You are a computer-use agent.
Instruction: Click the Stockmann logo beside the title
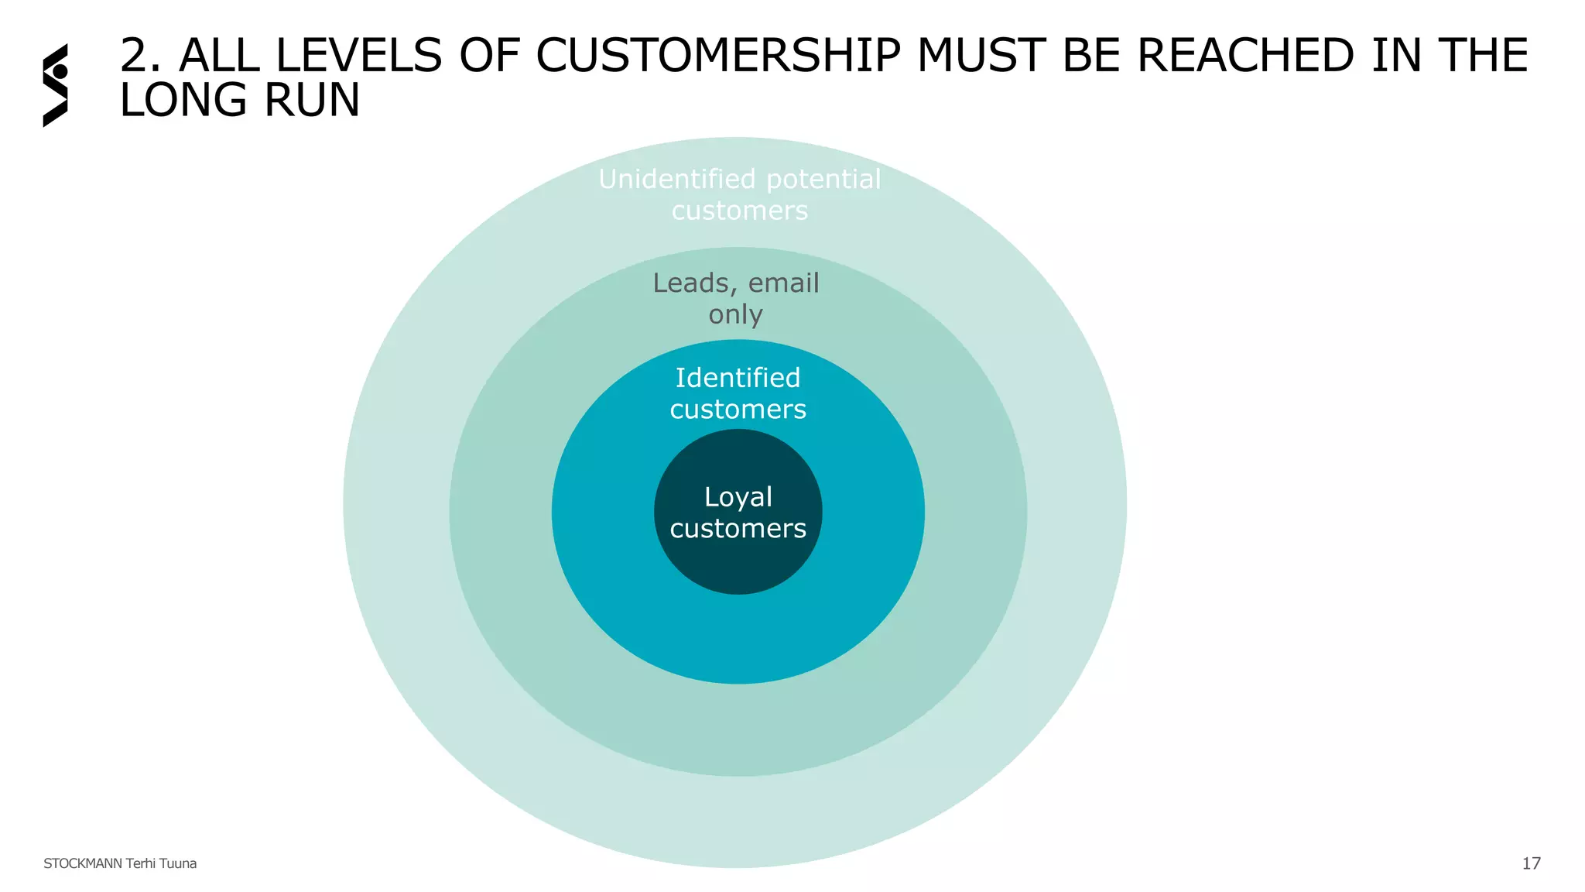(x=55, y=85)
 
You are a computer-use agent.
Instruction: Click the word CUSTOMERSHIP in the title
(x=717, y=56)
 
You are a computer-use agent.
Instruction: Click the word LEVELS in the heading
(x=358, y=56)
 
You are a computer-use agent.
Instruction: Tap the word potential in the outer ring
(x=823, y=180)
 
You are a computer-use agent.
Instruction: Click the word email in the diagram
(x=783, y=283)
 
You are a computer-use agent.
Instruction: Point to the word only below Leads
(x=735, y=315)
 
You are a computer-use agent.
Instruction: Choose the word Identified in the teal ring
(x=738, y=378)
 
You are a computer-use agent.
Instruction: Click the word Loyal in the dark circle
(x=738, y=498)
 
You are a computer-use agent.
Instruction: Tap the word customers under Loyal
(x=738, y=529)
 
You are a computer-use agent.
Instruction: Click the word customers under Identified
(x=738, y=410)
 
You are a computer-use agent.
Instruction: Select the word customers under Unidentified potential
(x=739, y=211)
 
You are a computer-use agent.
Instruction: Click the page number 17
(x=1531, y=863)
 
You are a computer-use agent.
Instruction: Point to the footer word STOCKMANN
(x=82, y=863)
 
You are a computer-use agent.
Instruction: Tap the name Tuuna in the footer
(x=178, y=863)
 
